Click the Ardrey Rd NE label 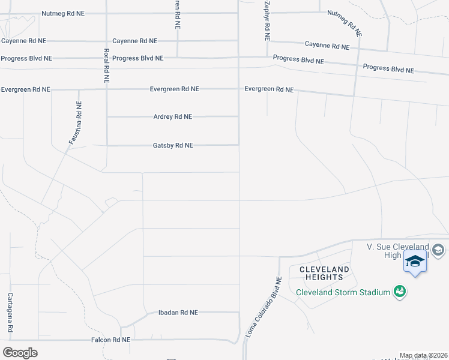click(173, 117)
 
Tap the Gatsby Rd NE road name click(173, 145)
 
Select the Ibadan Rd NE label click(178, 313)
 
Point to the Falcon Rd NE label click(110, 340)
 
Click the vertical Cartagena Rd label click(10, 314)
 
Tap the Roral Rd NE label click(106, 65)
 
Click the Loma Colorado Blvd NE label click(264, 309)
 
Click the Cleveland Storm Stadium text click(343, 292)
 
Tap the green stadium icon click(399, 292)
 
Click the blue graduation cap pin click(415, 262)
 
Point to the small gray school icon click(438, 250)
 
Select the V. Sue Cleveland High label click(398, 251)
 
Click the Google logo click(20, 352)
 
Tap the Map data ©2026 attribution click(424, 356)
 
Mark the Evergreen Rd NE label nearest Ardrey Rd click(174, 89)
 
